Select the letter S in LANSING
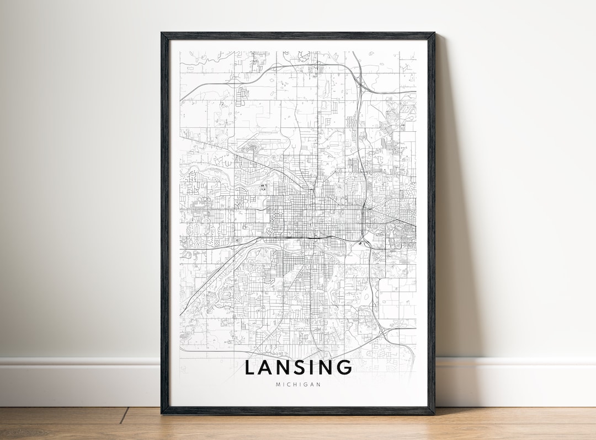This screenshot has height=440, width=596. (305, 368)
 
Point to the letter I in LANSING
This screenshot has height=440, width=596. (318, 368)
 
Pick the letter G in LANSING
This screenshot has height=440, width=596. (344, 368)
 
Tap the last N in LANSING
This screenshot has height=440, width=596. (329, 368)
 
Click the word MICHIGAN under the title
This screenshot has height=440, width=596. (297, 384)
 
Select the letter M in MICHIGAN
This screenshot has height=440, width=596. (277, 384)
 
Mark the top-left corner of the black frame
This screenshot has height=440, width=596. (162, 33)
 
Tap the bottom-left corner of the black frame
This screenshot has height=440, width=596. (162, 413)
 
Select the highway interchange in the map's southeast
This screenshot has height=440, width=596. (384, 331)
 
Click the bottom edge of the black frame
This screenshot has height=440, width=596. (298, 411)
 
